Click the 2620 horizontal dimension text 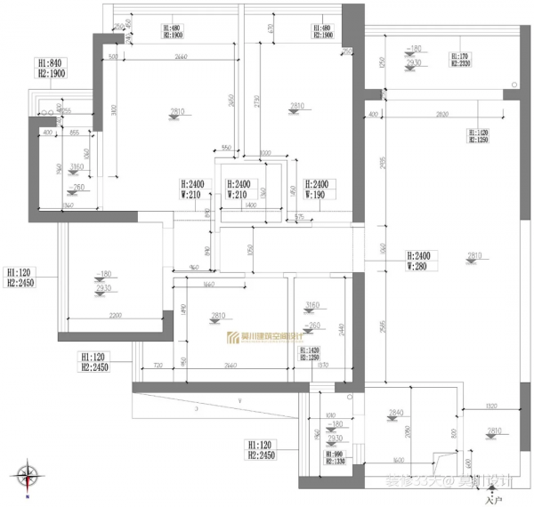[x=435, y=116]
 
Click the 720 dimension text [x=157, y=366]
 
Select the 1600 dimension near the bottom [x=398, y=461]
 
